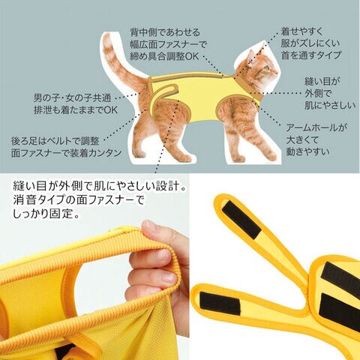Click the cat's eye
267,67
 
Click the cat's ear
250,57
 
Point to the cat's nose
277,72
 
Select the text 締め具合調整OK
164,56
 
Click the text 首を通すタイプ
311,55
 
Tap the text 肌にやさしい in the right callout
330,105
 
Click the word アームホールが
316,127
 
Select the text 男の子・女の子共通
72,97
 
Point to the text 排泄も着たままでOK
76,109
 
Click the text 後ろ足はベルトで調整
55,141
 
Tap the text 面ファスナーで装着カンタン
67,153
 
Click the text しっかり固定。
46,214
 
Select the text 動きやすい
307,151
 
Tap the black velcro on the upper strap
241,220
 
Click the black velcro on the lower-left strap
220,303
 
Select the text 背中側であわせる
165,32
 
